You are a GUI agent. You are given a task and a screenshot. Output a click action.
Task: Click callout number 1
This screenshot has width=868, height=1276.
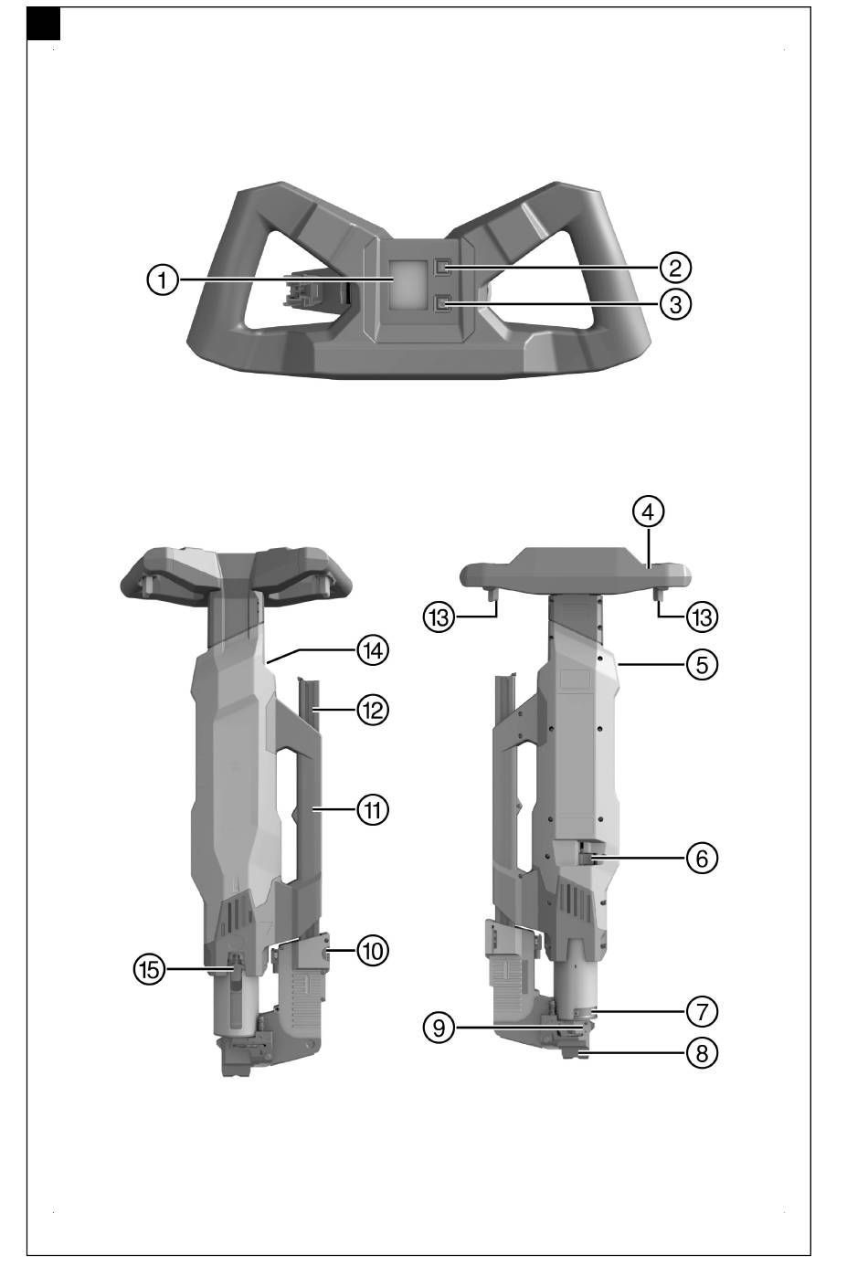tap(163, 279)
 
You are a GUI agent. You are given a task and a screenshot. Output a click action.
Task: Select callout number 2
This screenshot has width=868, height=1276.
tap(675, 267)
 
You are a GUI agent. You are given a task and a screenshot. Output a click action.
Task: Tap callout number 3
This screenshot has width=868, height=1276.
tap(675, 304)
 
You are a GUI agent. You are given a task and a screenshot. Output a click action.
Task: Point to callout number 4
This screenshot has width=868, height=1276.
tap(649, 511)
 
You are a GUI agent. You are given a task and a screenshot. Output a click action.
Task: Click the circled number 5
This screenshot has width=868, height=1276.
tap(702, 664)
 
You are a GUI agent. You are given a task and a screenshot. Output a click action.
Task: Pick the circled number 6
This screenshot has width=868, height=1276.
tap(702, 858)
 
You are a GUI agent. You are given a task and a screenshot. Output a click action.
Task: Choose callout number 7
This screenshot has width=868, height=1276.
tap(702, 1012)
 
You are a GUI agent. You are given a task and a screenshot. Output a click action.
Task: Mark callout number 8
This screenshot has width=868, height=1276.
tap(702, 1053)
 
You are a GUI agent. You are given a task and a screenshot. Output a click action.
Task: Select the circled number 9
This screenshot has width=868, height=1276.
tap(439, 1028)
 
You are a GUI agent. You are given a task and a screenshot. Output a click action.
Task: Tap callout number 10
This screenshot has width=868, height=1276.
tap(373, 950)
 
